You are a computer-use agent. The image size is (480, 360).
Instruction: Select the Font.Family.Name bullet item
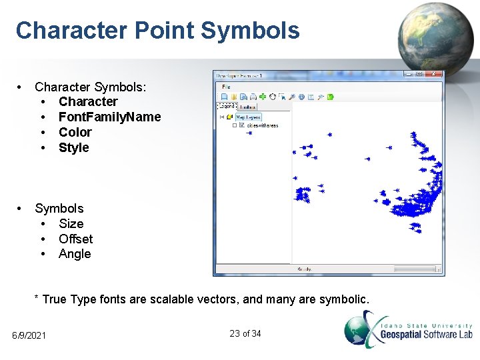point(109,117)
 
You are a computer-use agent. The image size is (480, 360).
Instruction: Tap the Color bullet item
point(75,132)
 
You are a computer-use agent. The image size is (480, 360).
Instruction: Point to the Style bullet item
point(73,147)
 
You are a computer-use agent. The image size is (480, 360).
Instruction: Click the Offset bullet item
point(75,239)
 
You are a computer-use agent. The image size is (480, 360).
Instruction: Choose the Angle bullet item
point(74,254)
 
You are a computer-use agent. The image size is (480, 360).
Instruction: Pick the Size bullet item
point(71,223)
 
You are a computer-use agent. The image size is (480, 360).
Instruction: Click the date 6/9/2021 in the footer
point(29,335)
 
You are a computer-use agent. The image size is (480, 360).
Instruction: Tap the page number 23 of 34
point(245,333)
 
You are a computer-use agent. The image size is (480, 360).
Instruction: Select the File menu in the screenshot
point(225,87)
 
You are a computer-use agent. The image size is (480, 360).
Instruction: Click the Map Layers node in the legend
point(248,117)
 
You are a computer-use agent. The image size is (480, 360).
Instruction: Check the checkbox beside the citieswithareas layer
point(241,125)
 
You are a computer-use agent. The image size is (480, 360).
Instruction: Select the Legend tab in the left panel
point(227,106)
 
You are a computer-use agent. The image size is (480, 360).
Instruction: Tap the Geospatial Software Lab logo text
point(426,334)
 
